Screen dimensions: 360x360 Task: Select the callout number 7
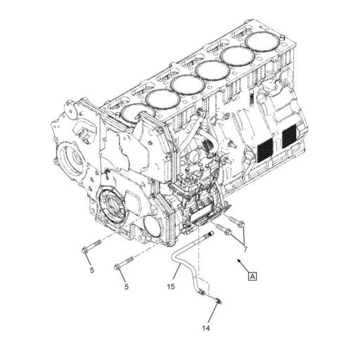point(245,249)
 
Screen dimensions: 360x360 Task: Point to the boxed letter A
point(252,276)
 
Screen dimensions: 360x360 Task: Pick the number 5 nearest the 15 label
point(127,286)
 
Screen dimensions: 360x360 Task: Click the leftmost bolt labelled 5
point(89,248)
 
